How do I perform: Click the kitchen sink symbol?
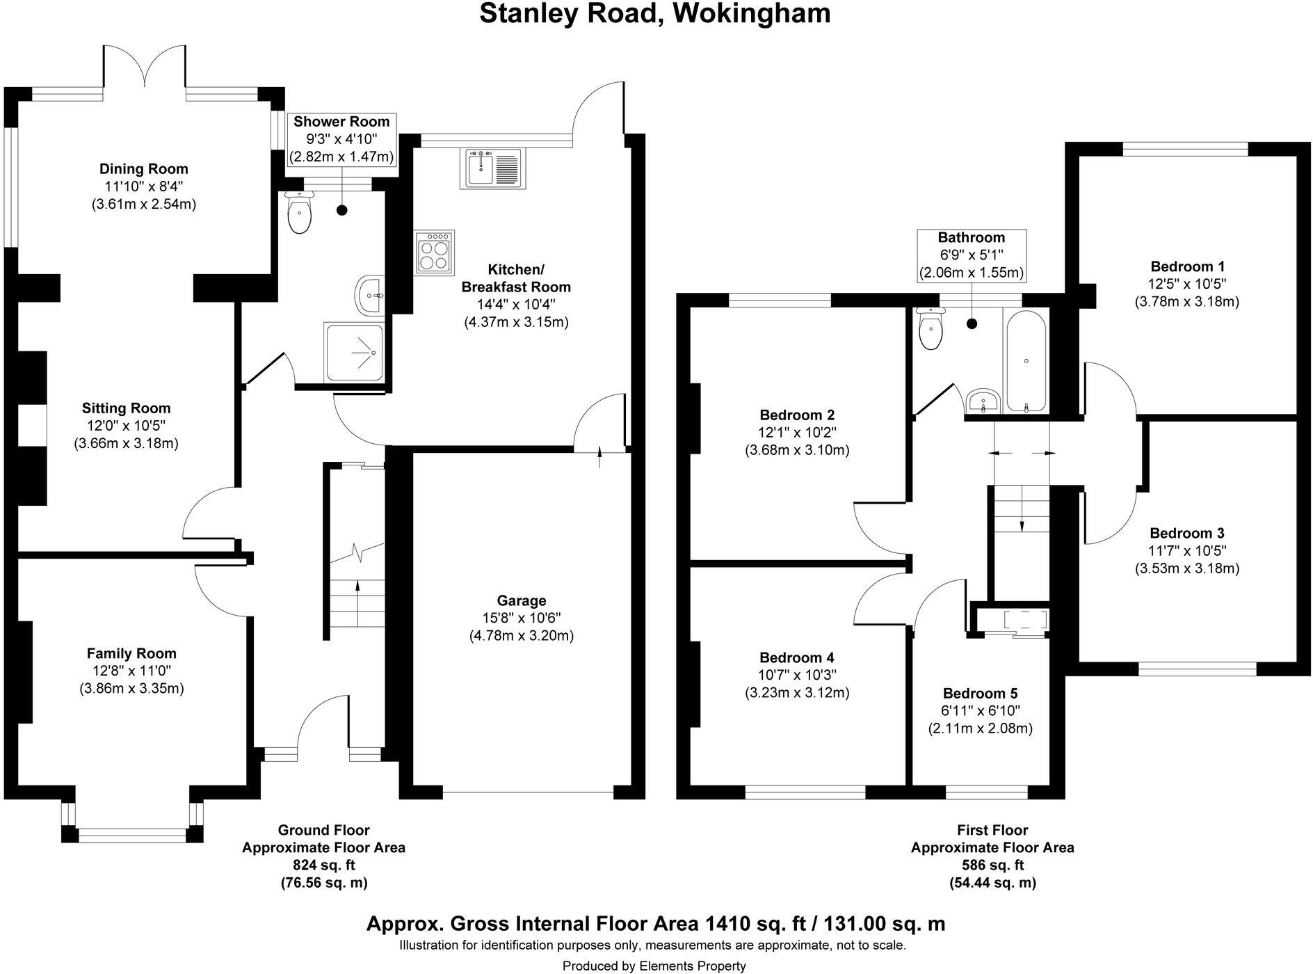494,169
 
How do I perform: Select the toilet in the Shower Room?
300,213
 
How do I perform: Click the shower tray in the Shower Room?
353,353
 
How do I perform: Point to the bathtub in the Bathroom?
1026,362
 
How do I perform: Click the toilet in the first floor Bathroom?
930,329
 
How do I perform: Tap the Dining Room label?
143,168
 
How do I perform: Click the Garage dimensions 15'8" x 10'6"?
521,618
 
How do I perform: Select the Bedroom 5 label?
980,694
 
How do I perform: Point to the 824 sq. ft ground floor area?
323,865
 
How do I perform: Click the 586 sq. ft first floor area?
992,865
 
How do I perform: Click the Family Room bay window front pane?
132,835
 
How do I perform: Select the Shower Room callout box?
341,139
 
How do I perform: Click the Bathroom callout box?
972,255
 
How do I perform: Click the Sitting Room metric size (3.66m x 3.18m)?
126,443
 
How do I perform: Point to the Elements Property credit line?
654,966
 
